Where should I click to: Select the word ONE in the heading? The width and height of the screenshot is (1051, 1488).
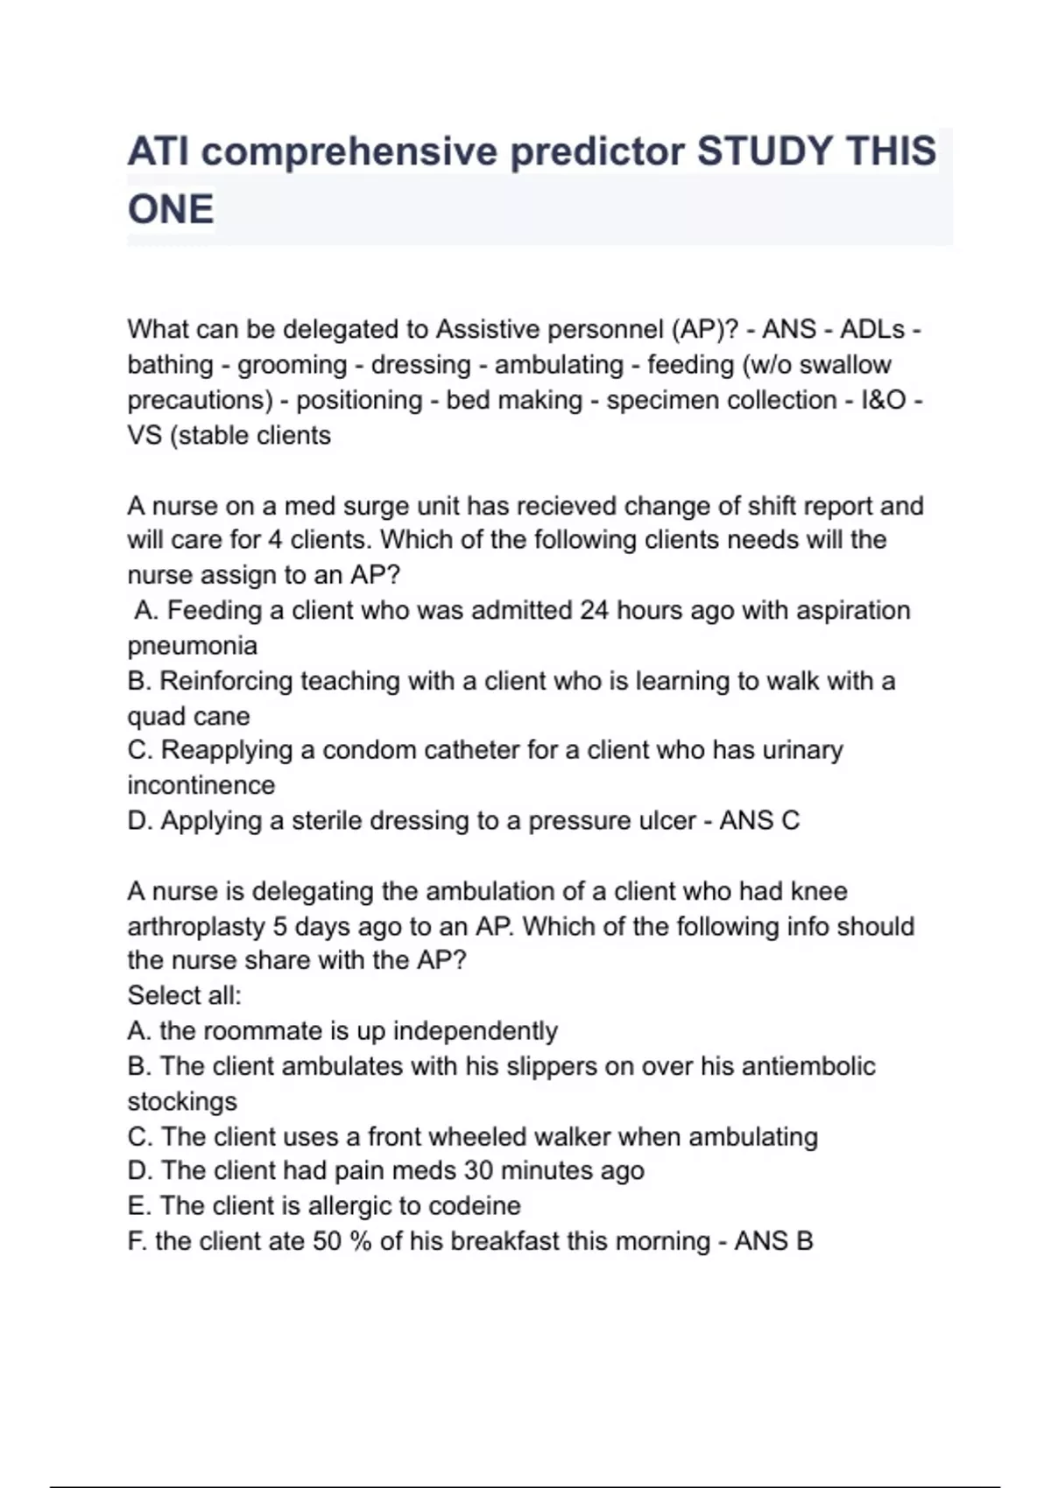point(171,210)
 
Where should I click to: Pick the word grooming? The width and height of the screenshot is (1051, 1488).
point(292,365)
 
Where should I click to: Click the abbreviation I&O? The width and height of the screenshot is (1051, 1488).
point(884,400)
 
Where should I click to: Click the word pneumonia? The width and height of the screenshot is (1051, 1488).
point(193,646)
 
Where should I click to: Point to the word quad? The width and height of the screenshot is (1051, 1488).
point(155,716)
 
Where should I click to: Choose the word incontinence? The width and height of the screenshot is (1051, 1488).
point(201,785)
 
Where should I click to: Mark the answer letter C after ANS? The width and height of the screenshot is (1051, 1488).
point(790,820)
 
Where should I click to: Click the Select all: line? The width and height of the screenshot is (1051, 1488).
point(185,995)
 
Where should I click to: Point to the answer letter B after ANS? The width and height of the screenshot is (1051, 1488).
point(803,1241)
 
